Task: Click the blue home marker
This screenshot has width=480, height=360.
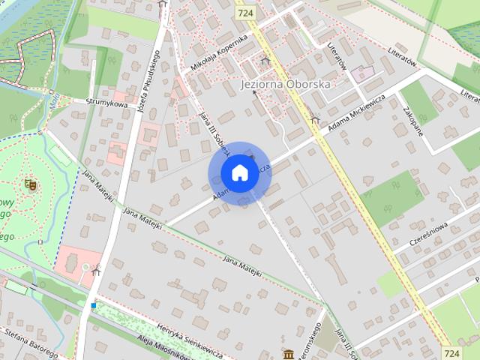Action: (x=238, y=173)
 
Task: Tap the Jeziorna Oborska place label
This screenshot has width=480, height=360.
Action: (x=286, y=84)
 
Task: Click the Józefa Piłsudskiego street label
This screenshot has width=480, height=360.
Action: (x=148, y=80)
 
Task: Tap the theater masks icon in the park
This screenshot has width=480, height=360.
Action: (x=31, y=183)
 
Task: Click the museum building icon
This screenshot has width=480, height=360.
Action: (x=289, y=354)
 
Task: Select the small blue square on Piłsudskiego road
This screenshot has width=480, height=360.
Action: (x=93, y=305)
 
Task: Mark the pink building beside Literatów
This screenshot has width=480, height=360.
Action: (x=363, y=74)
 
